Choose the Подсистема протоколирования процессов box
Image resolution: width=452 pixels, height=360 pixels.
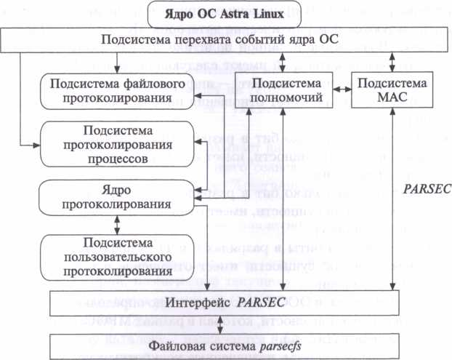point(116,144)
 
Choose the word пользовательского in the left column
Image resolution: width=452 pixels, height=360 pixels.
point(116,257)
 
